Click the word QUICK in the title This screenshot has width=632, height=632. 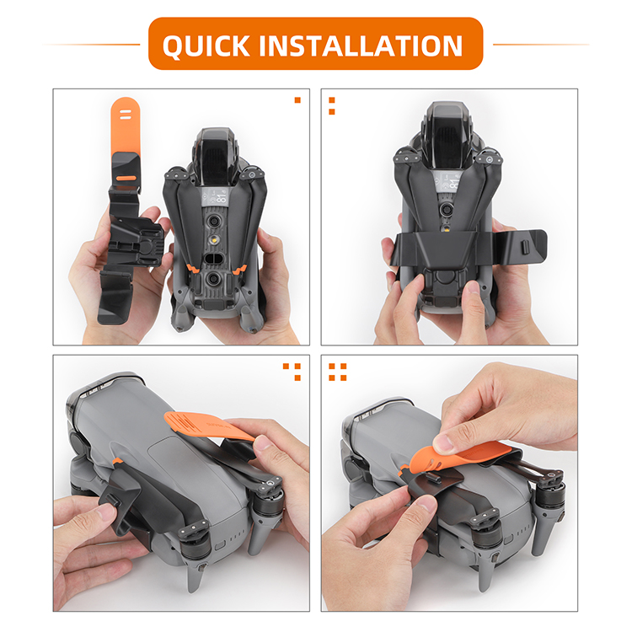(x=206, y=46)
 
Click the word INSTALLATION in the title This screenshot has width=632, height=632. (x=361, y=46)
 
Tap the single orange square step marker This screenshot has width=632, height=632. (x=297, y=100)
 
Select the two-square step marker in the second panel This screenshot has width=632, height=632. (x=332, y=106)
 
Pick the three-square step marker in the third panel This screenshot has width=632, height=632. (x=292, y=372)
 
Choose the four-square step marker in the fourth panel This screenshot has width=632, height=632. (x=338, y=372)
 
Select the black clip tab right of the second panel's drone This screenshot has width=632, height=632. (x=524, y=247)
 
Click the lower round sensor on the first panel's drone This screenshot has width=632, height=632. (x=213, y=279)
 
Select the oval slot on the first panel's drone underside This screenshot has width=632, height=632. (x=214, y=258)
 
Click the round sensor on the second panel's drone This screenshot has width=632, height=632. (x=446, y=209)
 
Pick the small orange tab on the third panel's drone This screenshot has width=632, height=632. (x=117, y=461)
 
